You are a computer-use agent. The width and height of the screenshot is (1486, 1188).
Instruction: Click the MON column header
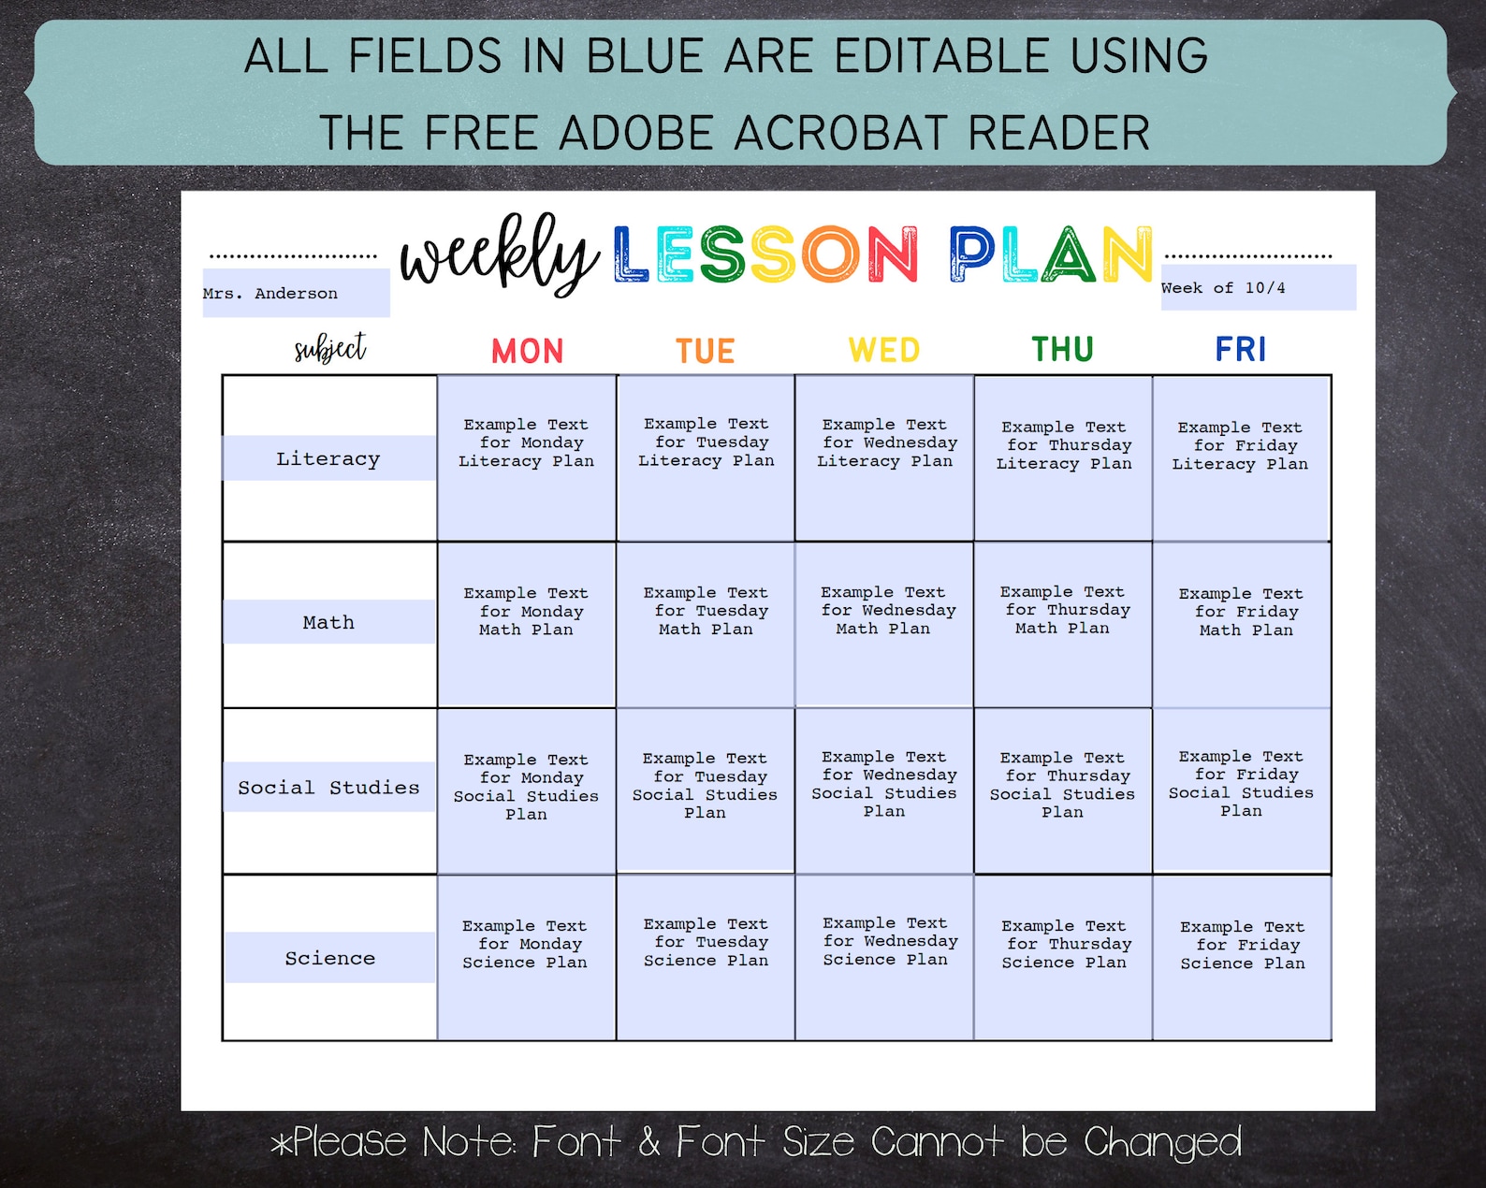(528, 352)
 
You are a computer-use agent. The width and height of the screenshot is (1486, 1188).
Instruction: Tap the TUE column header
(706, 352)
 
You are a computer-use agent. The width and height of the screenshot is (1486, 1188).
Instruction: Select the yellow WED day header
(884, 351)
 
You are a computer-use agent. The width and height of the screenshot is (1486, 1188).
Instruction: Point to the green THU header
(1062, 350)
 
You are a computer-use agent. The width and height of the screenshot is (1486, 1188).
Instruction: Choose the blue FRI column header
(1241, 350)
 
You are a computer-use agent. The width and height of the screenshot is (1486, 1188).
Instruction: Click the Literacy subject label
(328, 458)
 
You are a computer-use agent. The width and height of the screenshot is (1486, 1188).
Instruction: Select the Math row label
(328, 622)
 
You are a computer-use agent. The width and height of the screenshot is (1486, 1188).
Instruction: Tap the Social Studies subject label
(328, 788)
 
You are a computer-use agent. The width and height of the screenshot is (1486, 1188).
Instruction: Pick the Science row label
(329, 958)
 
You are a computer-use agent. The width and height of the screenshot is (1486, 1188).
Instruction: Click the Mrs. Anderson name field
(296, 293)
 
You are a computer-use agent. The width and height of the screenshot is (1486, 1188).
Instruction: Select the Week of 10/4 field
(1258, 288)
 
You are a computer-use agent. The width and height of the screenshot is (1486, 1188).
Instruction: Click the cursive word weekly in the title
(498, 255)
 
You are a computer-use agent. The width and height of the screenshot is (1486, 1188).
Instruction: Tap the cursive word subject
(329, 349)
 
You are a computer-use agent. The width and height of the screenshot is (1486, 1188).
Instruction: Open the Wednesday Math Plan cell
(884, 624)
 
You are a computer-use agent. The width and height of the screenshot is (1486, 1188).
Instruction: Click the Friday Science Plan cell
(1242, 957)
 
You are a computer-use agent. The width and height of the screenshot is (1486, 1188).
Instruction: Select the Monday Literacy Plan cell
(527, 457)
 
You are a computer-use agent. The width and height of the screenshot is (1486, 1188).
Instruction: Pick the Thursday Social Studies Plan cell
(1062, 790)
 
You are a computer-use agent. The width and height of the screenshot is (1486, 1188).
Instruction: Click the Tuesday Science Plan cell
(706, 957)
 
